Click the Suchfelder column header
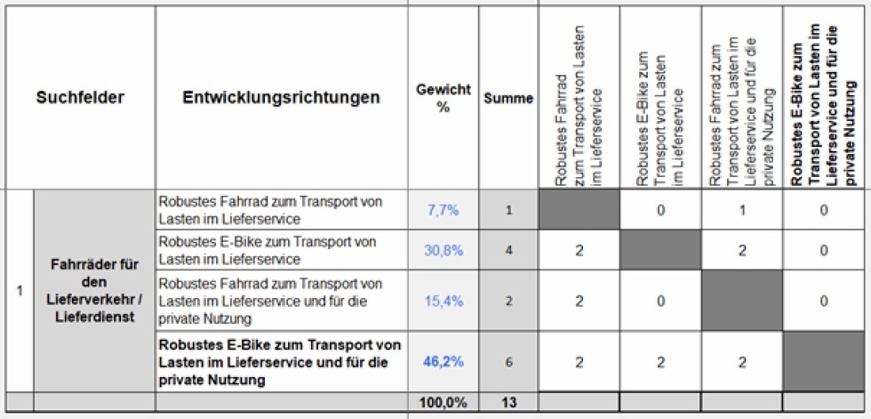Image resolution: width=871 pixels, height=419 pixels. [x=80, y=98]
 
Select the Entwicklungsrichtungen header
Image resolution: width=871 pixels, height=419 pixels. [x=281, y=98]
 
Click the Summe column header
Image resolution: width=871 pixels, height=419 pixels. [x=508, y=99]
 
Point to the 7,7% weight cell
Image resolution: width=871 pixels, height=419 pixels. [x=442, y=210]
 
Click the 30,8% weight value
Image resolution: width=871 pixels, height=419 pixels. [x=443, y=251]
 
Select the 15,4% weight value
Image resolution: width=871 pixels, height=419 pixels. [x=443, y=301]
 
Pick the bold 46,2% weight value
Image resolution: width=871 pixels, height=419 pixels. [x=442, y=362]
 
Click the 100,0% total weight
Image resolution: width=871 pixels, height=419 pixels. [x=443, y=403]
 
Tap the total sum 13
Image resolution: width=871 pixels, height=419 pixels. [x=508, y=403]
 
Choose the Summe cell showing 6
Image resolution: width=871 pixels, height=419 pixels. [x=508, y=362]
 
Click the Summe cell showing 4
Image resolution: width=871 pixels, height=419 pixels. [x=508, y=251]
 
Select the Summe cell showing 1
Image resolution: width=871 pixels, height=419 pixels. [x=508, y=210]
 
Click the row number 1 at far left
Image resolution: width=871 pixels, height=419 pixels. [x=19, y=289]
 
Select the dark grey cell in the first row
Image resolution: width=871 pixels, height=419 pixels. [x=579, y=210]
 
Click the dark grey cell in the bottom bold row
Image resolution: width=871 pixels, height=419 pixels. [x=826, y=362]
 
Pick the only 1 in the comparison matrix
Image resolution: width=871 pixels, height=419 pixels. [x=743, y=210]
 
